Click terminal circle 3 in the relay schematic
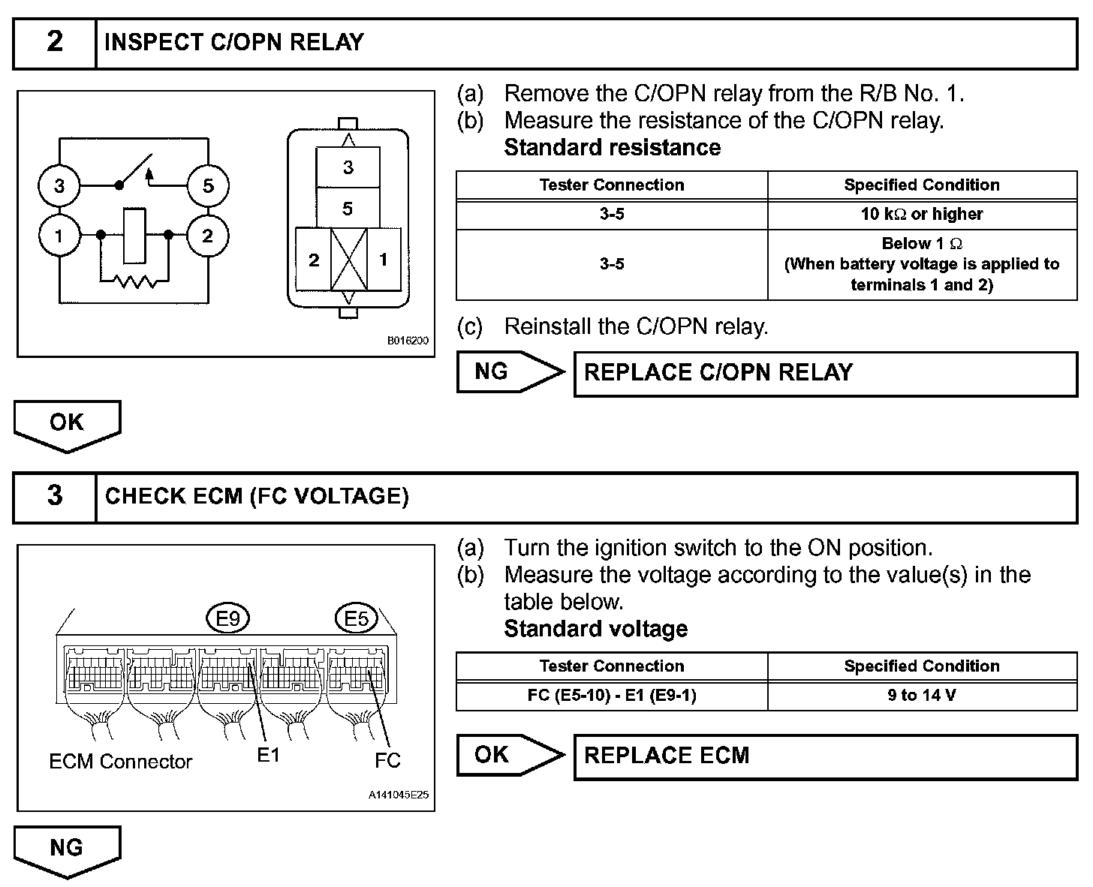pyautogui.click(x=59, y=185)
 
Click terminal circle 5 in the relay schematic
pyautogui.click(x=208, y=185)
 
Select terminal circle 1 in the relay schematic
pyautogui.click(x=59, y=236)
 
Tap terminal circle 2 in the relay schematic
pyautogui.click(x=208, y=236)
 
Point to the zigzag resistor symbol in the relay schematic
pyautogui.click(x=135, y=282)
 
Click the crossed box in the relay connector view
pyautogui.click(x=348, y=260)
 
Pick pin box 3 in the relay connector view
pyautogui.click(x=348, y=167)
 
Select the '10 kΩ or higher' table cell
pyautogui.click(x=922, y=215)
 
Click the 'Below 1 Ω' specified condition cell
pyautogui.click(x=922, y=264)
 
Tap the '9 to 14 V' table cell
pyautogui.click(x=922, y=696)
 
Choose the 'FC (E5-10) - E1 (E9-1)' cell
pyautogui.click(x=612, y=696)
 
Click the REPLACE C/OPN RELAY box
pyautogui.click(x=826, y=373)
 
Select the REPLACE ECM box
pyautogui.click(x=826, y=756)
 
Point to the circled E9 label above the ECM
pyautogui.click(x=227, y=619)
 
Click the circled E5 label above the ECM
pyautogui.click(x=356, y=619)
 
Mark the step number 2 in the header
pyautogui.click(x=55, y=42)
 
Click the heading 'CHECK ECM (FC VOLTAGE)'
pyautogui.click(x=257, y=497)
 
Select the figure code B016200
pyautogui.click(x=408, y=341)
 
